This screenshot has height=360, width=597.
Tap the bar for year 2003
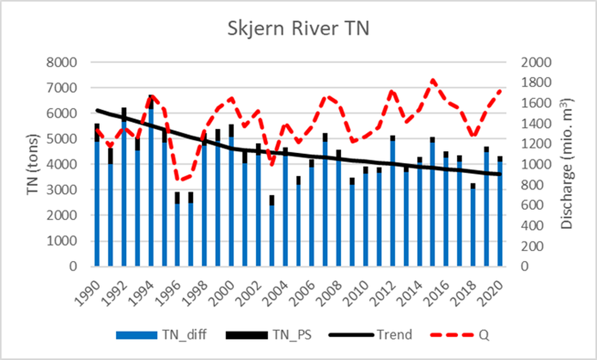coord(272,232)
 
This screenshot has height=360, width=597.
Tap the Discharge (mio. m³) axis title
coord(567,164)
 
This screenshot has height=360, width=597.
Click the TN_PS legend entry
coord(288,335)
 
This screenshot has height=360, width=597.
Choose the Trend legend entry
coord(394,335)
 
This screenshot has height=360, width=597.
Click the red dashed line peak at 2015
coord(432,81)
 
